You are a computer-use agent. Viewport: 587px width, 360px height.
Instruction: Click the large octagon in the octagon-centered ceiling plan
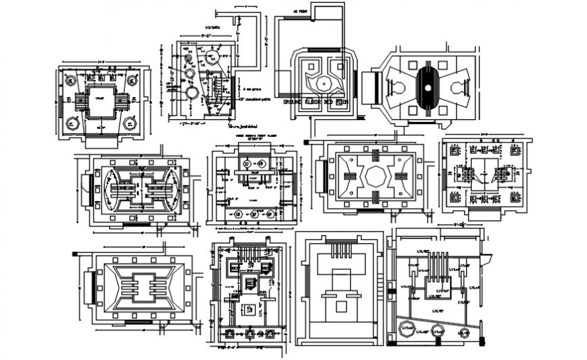coord(374,176)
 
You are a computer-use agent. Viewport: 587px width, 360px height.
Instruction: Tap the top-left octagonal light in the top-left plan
coord(71,78)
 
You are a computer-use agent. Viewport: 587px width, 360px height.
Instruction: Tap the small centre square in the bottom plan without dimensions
coord(342,307)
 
